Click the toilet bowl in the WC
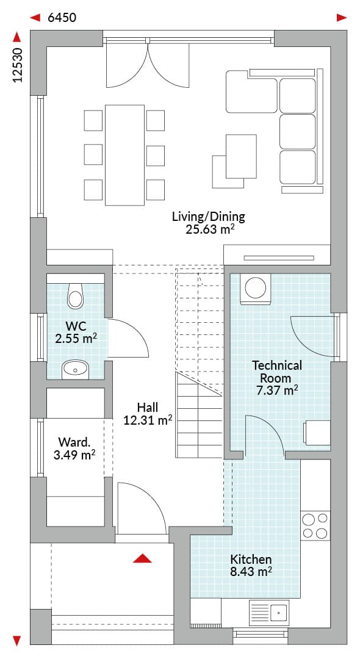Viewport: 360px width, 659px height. tap(76, 295)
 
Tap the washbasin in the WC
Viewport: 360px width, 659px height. tap(76, 369)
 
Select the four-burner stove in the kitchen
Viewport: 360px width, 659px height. tap(315, 525)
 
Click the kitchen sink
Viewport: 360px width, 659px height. tap(269, 611)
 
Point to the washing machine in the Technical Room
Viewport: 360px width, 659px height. tap(256, 288)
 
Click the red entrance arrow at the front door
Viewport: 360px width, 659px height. tap(142, 558)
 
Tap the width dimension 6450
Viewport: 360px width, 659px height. tap(62, 18)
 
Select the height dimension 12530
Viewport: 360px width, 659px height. tap(17, 65)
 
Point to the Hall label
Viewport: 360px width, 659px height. tap(148, 407)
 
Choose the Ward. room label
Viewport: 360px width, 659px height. tap(74, 442)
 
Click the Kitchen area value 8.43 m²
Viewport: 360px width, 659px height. tap(251, 571)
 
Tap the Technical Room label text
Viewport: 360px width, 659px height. tap(276, 371)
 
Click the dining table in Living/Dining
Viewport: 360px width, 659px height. tap(124, 155)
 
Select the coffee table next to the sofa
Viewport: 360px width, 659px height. tap(241, 156)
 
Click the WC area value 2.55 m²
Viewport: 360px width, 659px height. tap(76, 338)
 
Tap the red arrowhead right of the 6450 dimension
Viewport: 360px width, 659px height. tap(342, 18)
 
